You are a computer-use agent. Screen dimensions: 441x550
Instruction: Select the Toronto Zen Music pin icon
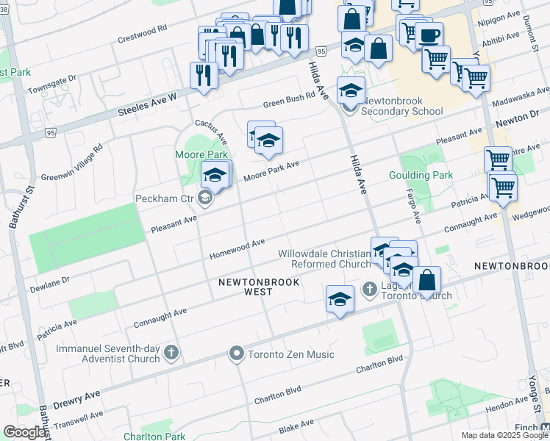[x=236, y=354]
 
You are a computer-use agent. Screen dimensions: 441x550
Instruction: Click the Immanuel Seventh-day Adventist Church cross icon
[x=171, y=353]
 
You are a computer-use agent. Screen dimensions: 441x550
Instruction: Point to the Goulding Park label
[x=421, y=176]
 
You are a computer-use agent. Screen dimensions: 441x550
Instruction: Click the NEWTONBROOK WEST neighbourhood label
[x=246, y=287]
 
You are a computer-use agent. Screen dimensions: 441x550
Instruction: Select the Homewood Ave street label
[x=237, y=248]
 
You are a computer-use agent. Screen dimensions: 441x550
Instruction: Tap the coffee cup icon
[x=429, y=34]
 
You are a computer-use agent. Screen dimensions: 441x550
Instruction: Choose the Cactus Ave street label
[x=211, y=132]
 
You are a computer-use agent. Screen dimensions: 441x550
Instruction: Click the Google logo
[x=25, y=432]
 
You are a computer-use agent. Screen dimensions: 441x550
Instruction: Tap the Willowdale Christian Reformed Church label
[x=324, y=259]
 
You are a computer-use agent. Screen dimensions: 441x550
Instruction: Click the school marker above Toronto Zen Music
[x=340, y=299]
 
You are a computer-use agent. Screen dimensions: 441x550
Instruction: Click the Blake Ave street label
[x=296, y=426]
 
